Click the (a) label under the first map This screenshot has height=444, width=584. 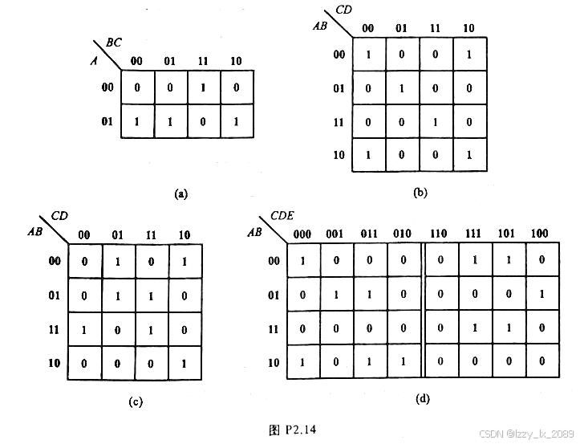(x=180, y=193)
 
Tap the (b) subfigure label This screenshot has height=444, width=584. (x=420, y=193)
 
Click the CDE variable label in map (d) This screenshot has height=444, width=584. (x=282, y=215)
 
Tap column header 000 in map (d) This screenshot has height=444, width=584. (x=302, y=234)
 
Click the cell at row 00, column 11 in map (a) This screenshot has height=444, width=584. (x=204, y=87)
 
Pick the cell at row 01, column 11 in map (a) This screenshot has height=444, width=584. (x=204, y=121)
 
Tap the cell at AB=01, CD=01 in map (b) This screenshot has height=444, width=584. (x=402, y=88)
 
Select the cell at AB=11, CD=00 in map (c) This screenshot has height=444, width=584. (x=84, y=329)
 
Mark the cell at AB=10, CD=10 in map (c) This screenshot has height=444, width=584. (x=185, y=363)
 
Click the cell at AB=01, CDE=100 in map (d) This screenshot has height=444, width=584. (x=541, y=295)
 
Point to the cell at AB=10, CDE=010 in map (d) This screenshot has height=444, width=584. (x=403, y=362)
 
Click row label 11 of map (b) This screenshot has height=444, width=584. (x=339, y=122)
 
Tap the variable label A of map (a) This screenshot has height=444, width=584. (x=94, y=59)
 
